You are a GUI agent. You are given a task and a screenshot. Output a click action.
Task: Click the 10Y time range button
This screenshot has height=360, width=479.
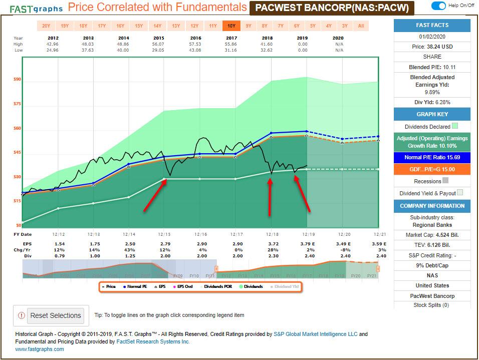tap(231, 26)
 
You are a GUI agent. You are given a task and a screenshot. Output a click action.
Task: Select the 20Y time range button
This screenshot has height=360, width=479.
tap(46, 26)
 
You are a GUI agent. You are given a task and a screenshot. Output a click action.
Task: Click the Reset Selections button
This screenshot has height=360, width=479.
tap(55, 315)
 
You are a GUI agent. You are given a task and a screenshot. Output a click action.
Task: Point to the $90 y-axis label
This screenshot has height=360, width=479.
tap(17, 79)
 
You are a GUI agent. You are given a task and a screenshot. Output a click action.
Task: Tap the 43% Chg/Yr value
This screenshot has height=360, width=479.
tap(128, 249)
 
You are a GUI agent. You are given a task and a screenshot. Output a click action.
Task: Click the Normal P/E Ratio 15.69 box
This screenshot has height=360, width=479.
tap(432, 157)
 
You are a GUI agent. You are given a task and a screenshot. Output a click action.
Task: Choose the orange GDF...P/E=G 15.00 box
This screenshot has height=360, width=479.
tap(432, 169)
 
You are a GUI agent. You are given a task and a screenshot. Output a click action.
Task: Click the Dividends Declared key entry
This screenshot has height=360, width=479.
tap(428, 127)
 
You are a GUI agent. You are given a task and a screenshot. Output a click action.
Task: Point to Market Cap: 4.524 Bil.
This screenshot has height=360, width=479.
tap(432, 234)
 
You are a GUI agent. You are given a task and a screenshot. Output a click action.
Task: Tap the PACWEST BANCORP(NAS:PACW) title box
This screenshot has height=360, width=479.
tap(332, 8)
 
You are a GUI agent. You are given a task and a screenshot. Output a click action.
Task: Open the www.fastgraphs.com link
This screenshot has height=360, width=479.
tap(40, 349)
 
